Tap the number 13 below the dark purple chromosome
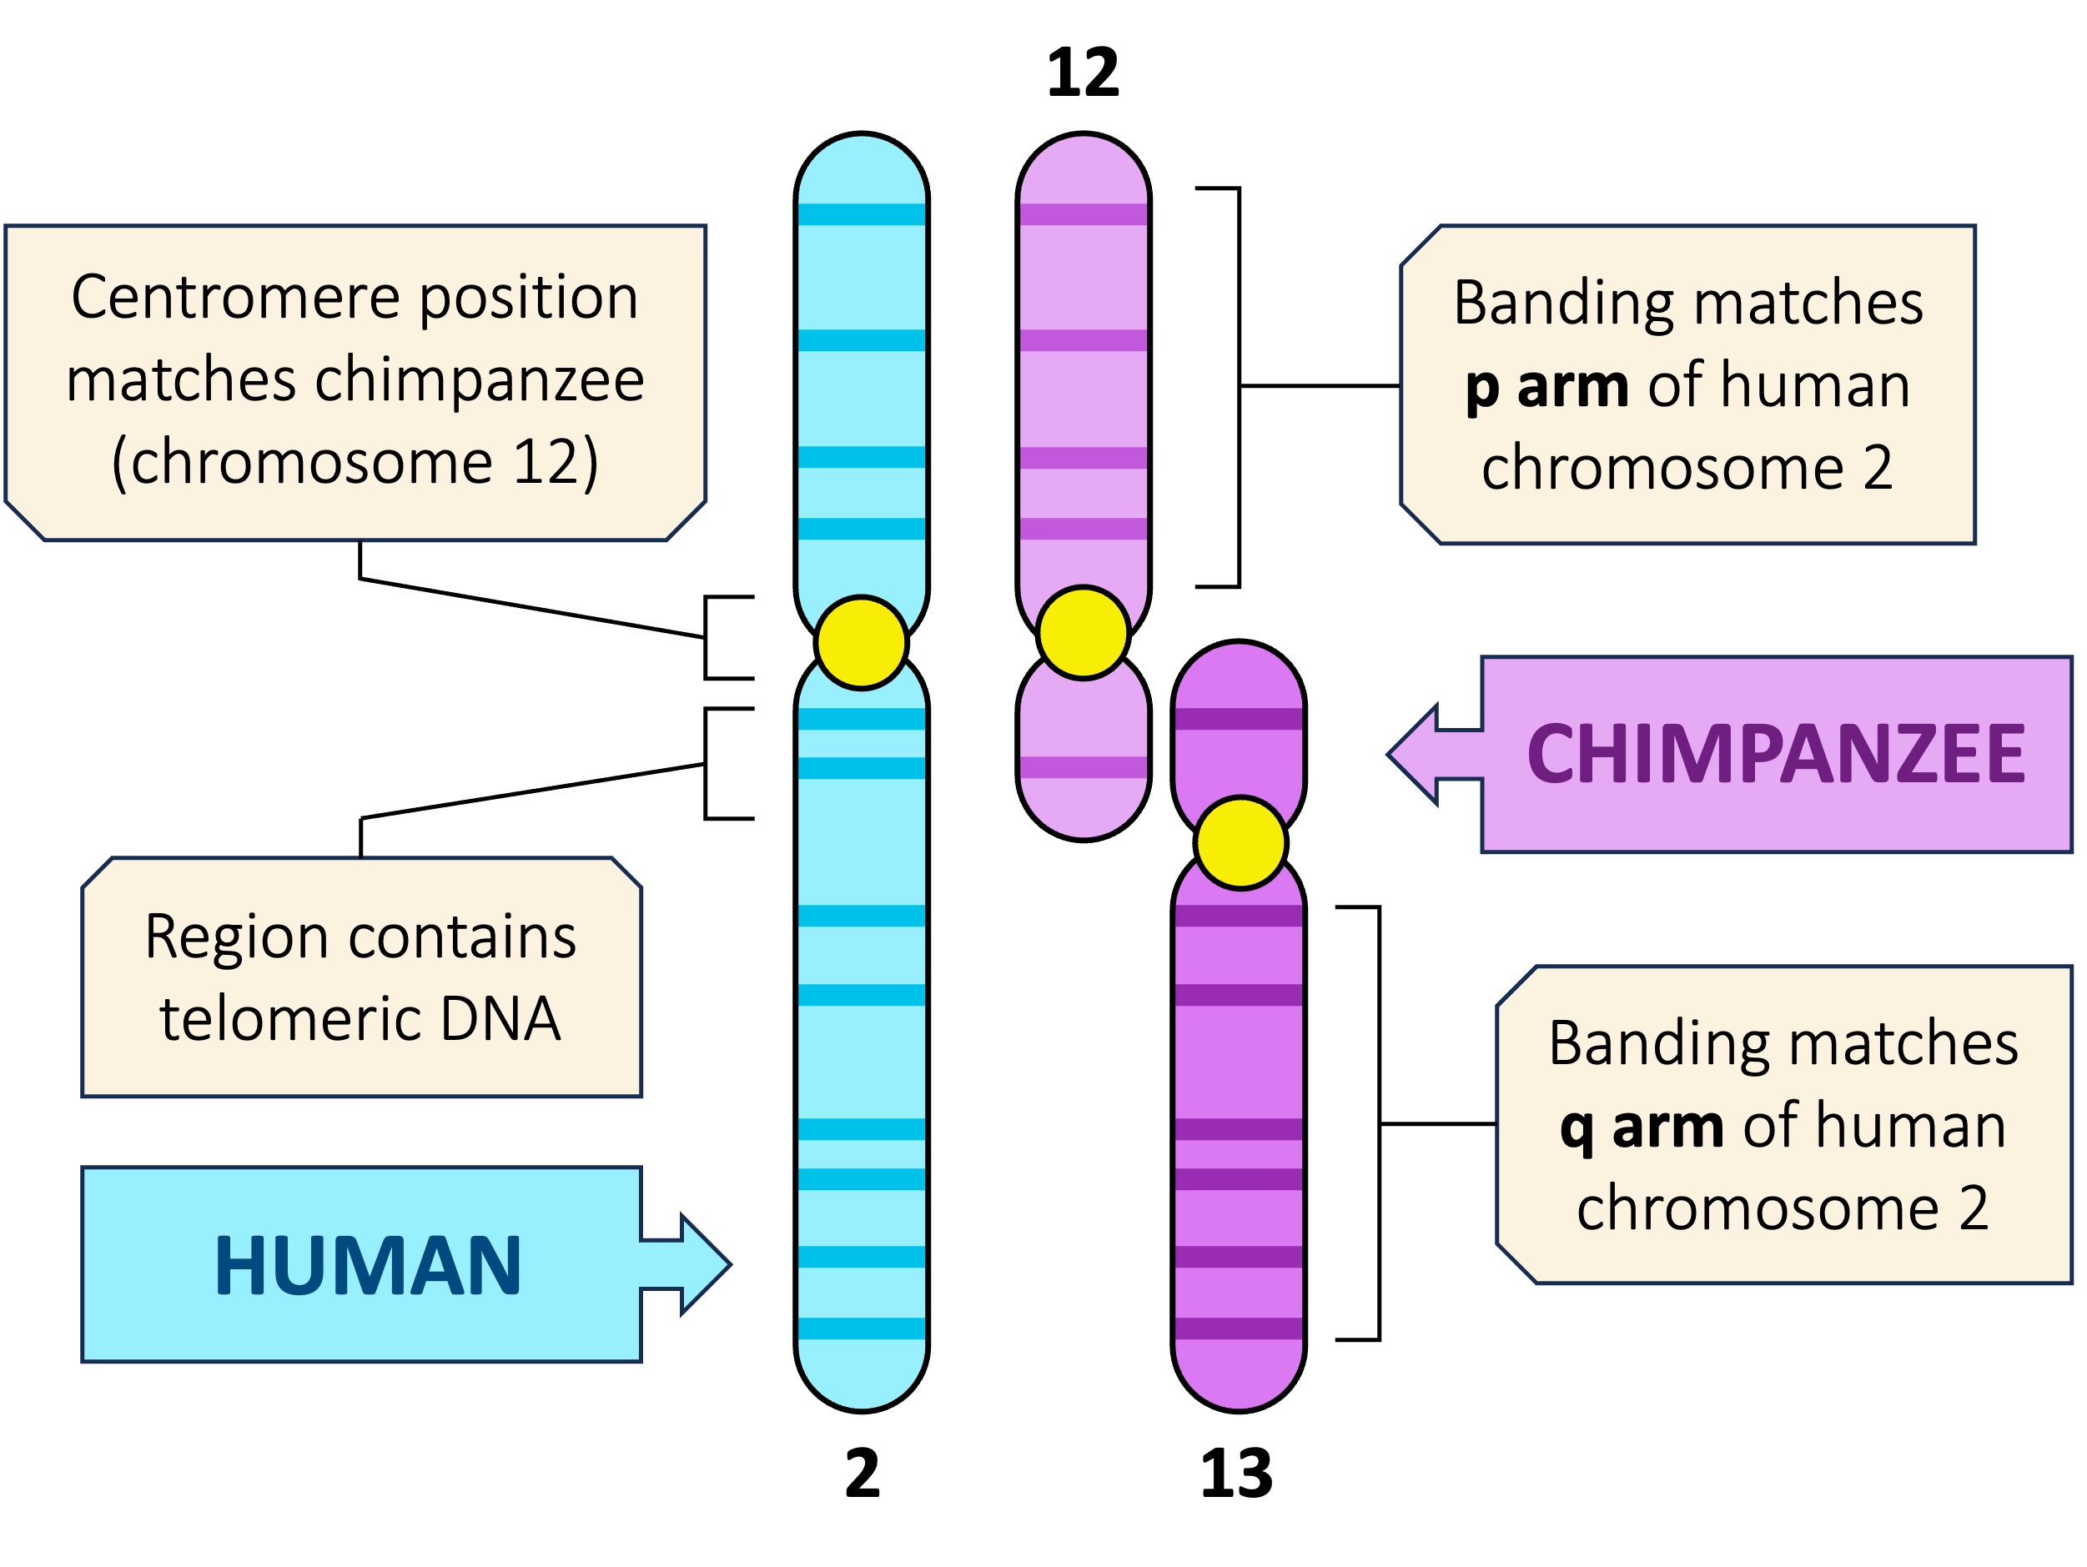tap(1236, 1474)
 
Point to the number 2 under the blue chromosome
tap(862, 1474)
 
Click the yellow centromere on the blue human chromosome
tap(862, 642)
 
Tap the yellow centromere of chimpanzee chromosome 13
tap(1240, 842)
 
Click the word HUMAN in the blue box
tap(368, 1265)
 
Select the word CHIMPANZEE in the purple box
tap(1776, 754)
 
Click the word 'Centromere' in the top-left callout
tap(236, 298)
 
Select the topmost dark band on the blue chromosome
tap(862, 214)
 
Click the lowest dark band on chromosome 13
tap(1238, 1328)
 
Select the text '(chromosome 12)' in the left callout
tap(355, 462)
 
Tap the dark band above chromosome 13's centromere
tap(1238, 719)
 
